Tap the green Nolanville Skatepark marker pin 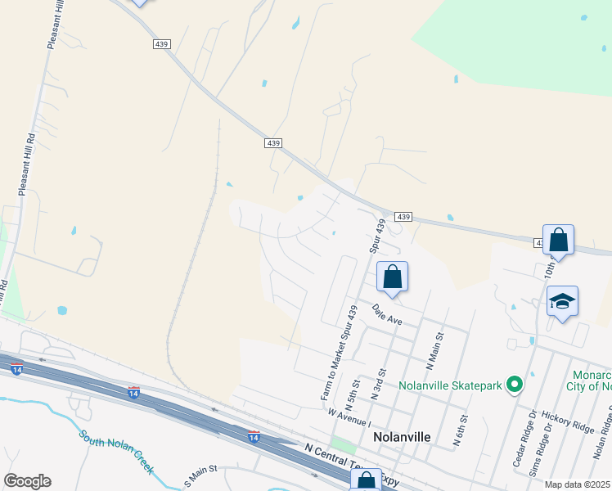click(514, 384)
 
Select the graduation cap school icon click(563, 302)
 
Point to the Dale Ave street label click(388, 315)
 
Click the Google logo click(28, 481)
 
